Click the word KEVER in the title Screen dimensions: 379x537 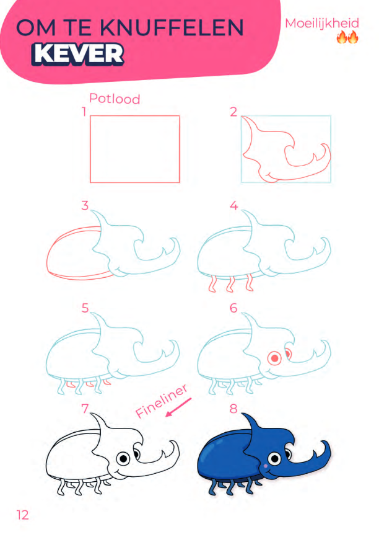77,54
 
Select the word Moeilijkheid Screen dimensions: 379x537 322,24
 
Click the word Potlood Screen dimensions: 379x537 115,99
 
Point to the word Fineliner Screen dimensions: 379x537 162,401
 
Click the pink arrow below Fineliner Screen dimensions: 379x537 178,407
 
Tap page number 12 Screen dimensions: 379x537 22,515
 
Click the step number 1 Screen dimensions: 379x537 84,112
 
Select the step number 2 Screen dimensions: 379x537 233,112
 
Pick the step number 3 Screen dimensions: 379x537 85,205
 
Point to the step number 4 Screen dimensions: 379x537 233,205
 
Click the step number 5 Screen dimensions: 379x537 85,308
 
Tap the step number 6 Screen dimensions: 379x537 233,308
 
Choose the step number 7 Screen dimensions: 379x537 85,408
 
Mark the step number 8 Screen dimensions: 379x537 233,408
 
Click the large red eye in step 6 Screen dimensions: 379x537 274,358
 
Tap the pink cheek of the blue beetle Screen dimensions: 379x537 266,466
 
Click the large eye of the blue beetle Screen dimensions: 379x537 274,458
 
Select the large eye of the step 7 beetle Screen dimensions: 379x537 123,458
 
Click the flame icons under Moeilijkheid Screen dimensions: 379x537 347,37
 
